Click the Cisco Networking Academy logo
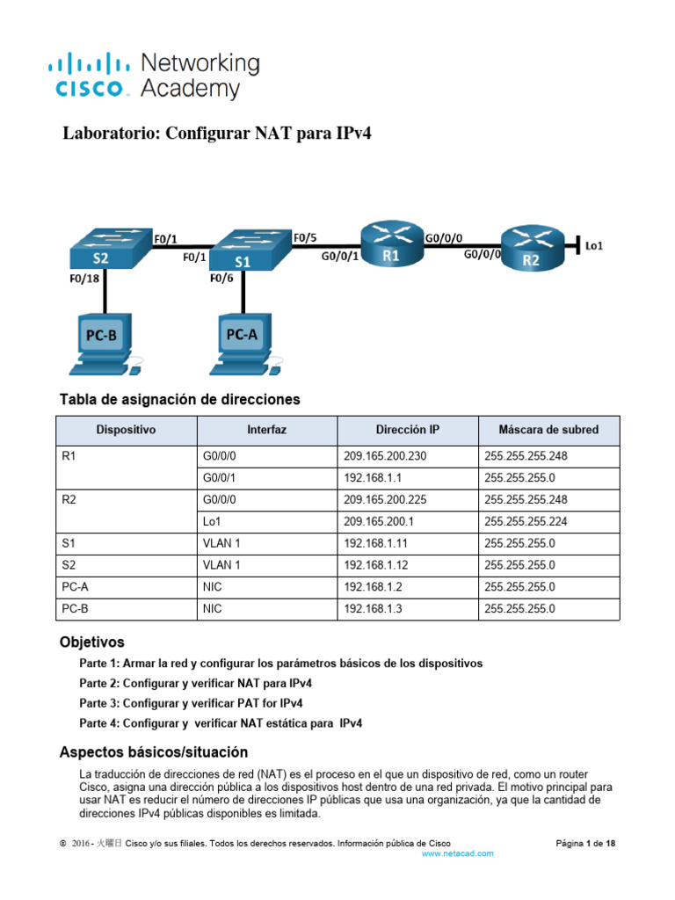click(154, 76)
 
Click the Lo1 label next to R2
click(594, 247)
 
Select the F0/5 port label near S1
click(304, 236)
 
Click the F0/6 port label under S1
click(220, 279)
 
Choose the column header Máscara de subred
click(548, 430)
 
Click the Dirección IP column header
click(407, 430)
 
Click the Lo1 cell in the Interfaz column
click(212, 521)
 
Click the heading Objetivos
click(91, 642)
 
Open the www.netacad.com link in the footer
click(458, 853)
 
